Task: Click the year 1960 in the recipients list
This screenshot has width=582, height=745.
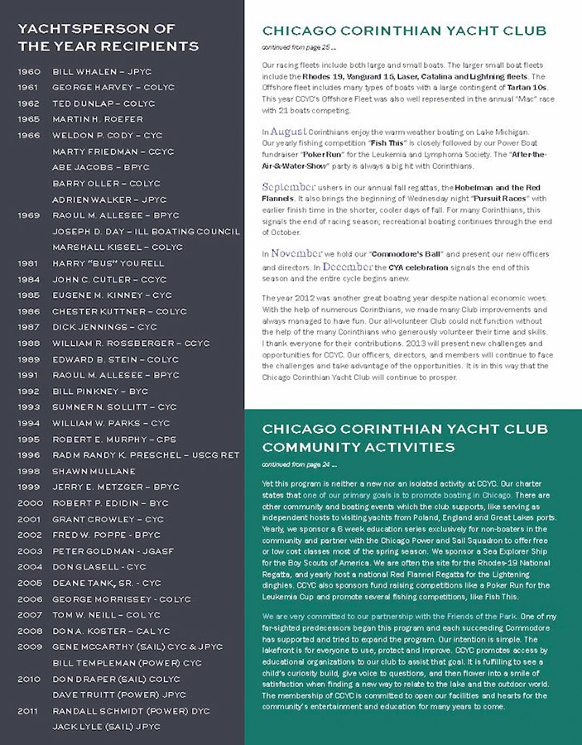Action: coord(29,72)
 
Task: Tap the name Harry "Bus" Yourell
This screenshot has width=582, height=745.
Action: coord(108,263)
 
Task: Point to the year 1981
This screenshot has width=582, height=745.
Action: coord(29,263)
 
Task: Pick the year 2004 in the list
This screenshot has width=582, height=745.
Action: coord(29,566)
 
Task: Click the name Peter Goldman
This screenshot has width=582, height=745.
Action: coord(91,550)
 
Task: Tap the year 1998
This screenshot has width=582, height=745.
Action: coord(29,471)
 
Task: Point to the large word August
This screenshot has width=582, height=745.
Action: coord(290,131)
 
